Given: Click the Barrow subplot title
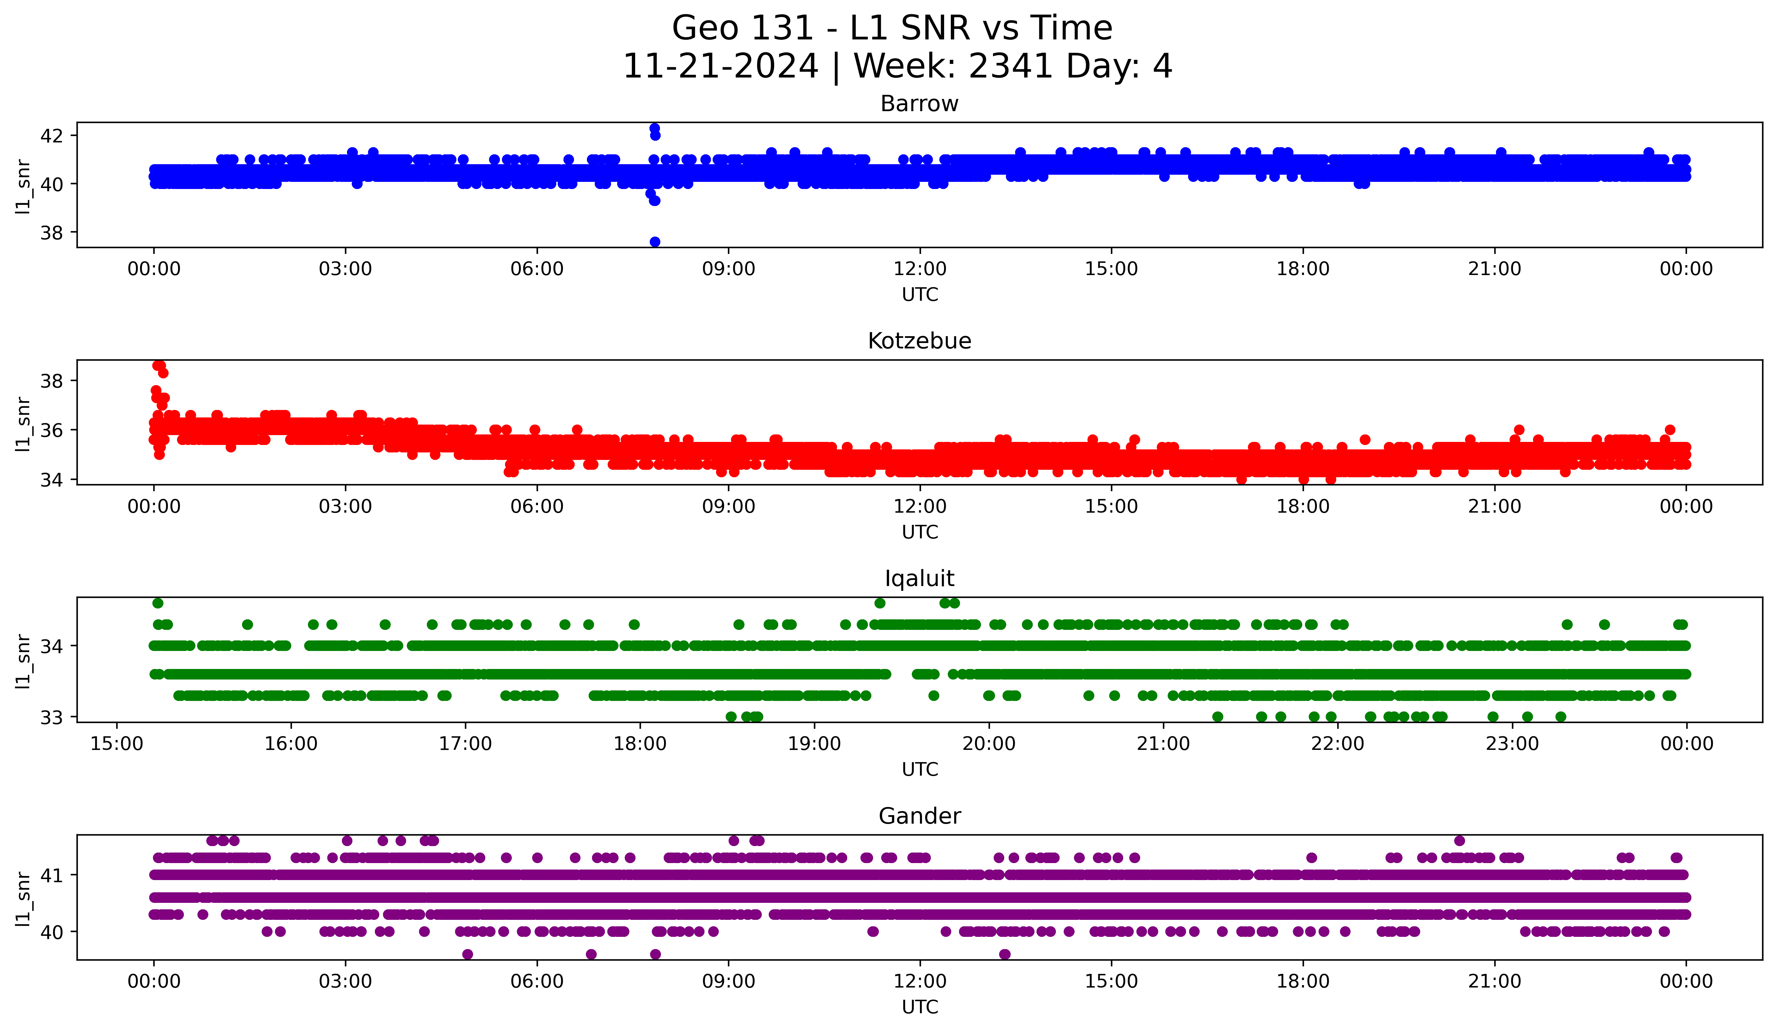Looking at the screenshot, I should (919, 104).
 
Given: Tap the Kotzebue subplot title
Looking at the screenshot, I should (919, 341).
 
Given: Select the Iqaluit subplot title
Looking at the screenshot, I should (919, 579).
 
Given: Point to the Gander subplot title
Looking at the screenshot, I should (919, 816).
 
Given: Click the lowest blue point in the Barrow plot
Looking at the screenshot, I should (655, 242).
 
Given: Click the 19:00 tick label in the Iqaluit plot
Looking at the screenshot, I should (815, 743).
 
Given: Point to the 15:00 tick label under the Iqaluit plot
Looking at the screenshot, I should (117, 743).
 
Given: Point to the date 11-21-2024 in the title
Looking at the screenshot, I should (720, 66).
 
